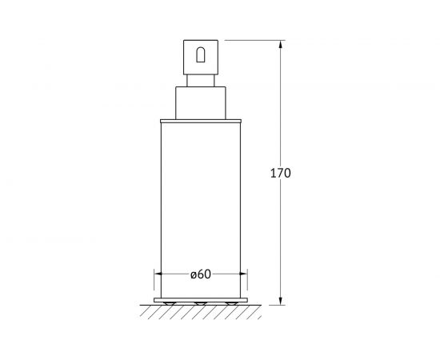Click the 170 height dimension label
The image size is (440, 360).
280,173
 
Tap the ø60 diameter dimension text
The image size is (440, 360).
200,274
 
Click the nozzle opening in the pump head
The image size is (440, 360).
200,55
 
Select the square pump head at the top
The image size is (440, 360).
201,58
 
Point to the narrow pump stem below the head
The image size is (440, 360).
201,81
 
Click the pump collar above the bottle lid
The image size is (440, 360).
201,103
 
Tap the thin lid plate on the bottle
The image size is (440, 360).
201,122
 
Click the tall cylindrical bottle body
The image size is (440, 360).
201,210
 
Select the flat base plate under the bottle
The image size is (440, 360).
201,300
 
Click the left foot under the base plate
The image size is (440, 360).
170,304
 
